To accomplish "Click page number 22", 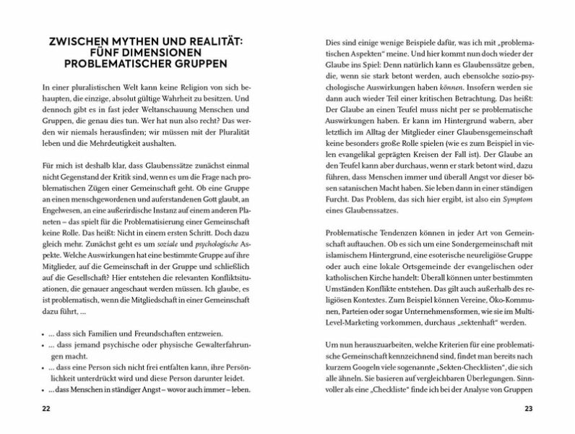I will click(x=46, y=409).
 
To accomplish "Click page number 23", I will click(x=527, y=409).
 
